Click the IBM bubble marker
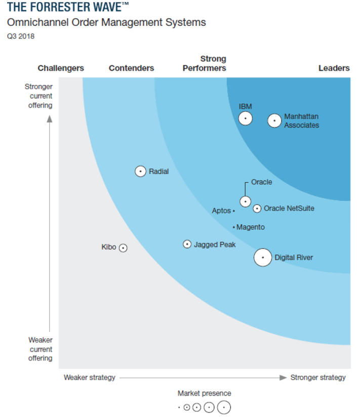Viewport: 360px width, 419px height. click(246, 118)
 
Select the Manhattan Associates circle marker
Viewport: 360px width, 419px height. click(274, 120)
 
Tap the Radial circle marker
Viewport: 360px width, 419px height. click(141, 172)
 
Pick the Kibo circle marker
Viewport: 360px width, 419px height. click(123, 248)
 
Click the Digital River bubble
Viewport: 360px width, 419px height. click(263, 258)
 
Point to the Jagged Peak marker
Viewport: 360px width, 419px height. click(187, 244)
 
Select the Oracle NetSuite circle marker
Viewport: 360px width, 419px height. click(257, 208)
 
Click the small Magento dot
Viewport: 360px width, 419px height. click(233, 227)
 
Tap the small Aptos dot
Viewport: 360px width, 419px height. click(233, 211)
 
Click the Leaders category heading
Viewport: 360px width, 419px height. click(334, 68)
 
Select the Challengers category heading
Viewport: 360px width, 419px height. click(61, 68)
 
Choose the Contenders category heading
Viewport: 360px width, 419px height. click(131, 68)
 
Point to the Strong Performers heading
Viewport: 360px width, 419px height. click(205, 64)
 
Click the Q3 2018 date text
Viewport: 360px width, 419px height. click(21, 36)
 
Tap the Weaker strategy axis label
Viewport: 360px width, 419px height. click(90, 378)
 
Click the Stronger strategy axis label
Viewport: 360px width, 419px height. click(318, 378)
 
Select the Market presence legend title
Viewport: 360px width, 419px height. click(204, 393)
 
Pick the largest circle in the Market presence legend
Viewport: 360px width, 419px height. click(224, 407)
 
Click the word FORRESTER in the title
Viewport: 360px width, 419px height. click(54, 7)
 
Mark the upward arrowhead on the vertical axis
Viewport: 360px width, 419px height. click(50, 119)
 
